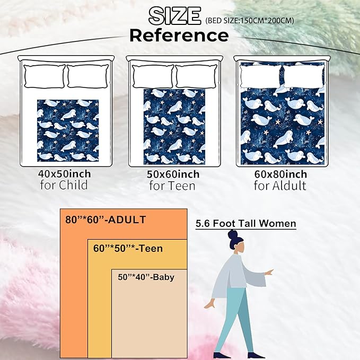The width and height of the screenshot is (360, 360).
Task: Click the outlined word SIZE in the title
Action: pos(174,15)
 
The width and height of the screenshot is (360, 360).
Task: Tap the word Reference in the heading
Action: pos(179,36)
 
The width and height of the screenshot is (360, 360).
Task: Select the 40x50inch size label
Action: pos(65,174)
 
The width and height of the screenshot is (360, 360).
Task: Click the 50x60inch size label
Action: pos(173,174)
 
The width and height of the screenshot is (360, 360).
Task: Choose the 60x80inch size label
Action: pos(280,174)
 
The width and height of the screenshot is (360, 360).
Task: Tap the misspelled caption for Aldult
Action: pos(280,186)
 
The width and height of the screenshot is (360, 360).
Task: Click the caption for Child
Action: pos(64,185)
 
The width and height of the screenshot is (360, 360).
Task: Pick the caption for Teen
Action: pos(172,186)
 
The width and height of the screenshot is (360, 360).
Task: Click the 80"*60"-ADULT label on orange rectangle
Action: pos(106,219)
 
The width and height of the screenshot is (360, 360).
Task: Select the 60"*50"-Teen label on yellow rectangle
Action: pos(128,249)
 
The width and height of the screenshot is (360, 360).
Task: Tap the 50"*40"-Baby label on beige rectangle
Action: pos(146,277)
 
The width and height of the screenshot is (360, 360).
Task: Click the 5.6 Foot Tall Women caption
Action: pos(245,223)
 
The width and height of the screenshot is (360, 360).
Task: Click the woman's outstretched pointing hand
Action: pos(269,273)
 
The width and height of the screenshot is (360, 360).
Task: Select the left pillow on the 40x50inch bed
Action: pos(45,76)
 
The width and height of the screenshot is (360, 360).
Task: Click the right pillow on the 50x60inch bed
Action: pos(197,76)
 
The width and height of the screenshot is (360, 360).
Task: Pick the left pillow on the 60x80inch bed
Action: pos(260,76)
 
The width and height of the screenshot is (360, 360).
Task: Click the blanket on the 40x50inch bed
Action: pos(68,130)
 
